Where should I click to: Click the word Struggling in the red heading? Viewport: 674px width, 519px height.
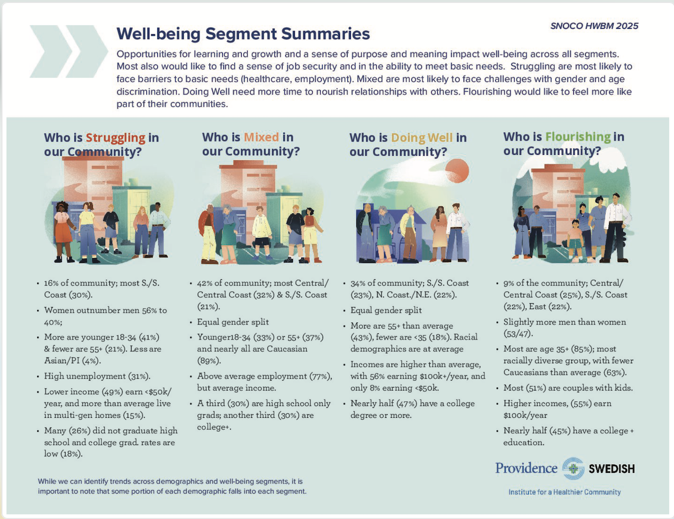(x=115, y=138)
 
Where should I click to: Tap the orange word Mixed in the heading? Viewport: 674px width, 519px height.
(x=261, y=137)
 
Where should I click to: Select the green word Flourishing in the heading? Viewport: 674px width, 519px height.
(x=578, y=137)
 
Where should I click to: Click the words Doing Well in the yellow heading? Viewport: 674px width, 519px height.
(x=421, y=138)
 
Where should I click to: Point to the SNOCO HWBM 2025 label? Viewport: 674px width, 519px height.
(x=594, y=26)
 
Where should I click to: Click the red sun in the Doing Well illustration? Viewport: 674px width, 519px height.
(x=458, y=171)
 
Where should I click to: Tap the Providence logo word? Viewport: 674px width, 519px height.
(x=526, y=468)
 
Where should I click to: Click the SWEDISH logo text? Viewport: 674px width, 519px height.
(x=611, y=469)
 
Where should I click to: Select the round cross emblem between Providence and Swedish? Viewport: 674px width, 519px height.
(x=573, y=468)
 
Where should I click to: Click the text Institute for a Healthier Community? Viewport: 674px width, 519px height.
(x=564, y=492)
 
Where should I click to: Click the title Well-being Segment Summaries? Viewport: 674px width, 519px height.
(x=243, y=34)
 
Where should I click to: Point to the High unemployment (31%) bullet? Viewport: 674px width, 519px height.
(x=97, y=376)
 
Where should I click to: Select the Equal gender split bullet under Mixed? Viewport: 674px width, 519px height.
(x=233, y=322)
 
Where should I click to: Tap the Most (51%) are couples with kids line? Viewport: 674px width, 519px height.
(x=568, y=388)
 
